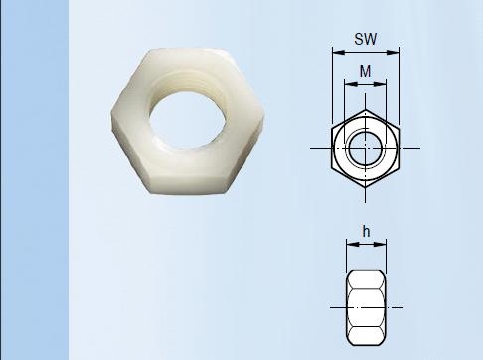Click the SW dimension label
366,39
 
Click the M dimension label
365,71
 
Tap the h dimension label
366,231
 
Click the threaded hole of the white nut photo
188,120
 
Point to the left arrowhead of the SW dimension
338,52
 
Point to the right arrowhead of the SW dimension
394,52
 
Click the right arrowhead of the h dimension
380,244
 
